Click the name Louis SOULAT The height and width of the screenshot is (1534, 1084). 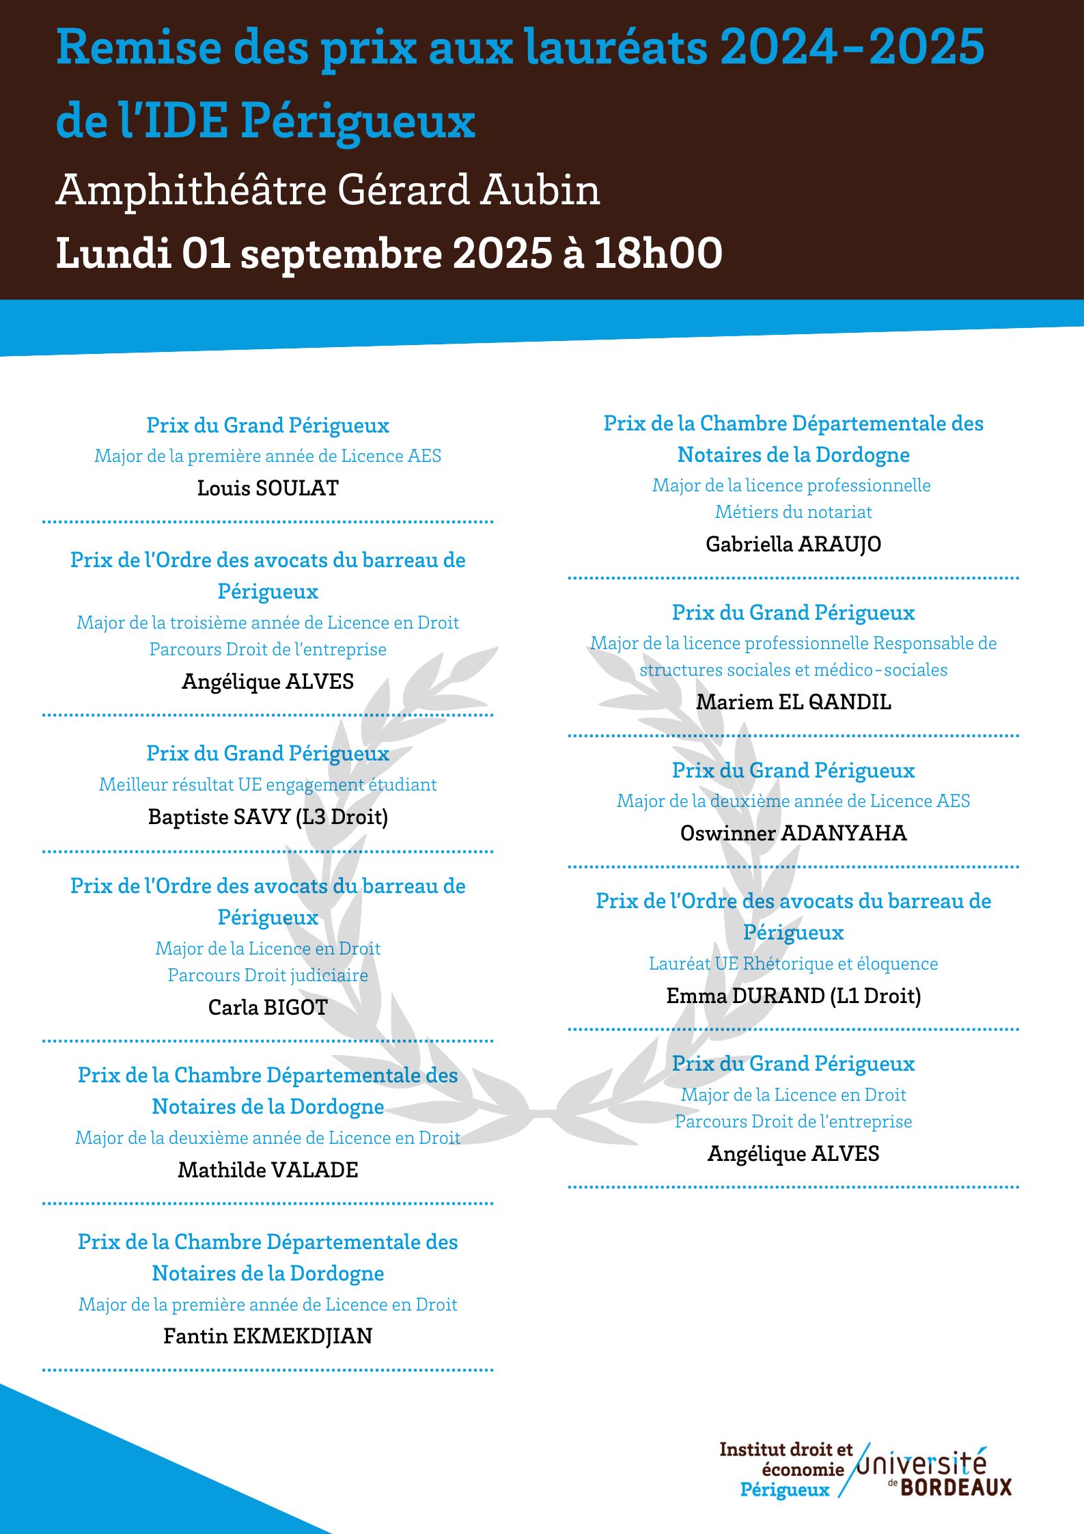click(268, 488)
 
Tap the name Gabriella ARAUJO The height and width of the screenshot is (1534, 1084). click(793, 544)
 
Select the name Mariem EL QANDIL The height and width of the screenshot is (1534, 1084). click(793, 702)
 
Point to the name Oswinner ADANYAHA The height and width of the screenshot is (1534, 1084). click(793, 833)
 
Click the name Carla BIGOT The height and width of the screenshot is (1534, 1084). click(268, 1007)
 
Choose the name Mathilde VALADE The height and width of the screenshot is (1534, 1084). click(268, 1170)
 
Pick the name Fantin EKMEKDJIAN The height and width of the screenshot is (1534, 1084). click(268, 1336)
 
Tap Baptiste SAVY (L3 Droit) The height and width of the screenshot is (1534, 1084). click(268, 817)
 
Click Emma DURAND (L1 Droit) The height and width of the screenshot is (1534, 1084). click(793, 996)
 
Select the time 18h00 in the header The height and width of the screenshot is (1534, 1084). click(658, 254)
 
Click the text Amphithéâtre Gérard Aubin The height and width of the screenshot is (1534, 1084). click(328, 190)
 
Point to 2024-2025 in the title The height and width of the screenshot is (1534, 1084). click(852, 48)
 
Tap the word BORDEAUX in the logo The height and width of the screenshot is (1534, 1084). click(956, 1488)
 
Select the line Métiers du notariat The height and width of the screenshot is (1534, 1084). click(793, 512)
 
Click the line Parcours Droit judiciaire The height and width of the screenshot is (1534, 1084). click(268, 975)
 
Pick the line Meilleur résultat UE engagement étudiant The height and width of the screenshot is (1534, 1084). click(268, 784)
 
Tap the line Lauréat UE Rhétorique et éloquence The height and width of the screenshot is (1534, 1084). click(793, 963)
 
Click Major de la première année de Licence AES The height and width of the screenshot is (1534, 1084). click(268, 456)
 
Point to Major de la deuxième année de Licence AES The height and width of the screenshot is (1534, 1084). click(793, 801)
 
